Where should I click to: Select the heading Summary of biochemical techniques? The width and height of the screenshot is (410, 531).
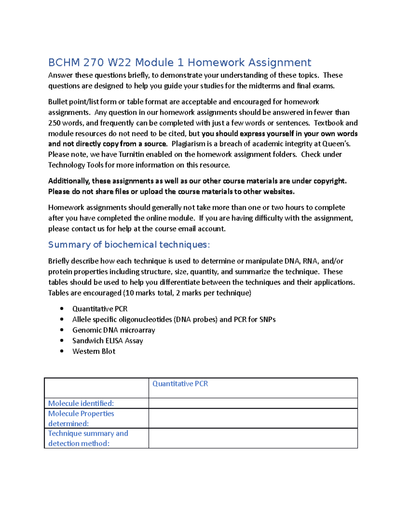129,245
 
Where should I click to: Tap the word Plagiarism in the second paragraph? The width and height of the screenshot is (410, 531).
188,144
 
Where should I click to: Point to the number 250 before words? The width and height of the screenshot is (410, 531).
54,123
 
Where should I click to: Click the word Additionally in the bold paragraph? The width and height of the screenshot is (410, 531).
69,181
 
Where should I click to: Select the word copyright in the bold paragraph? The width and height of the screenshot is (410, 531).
330,181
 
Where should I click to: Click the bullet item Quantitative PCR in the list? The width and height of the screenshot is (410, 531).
100,309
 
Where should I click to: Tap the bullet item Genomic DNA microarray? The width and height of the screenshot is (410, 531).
113,330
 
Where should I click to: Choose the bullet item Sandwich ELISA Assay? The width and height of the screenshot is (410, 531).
108,341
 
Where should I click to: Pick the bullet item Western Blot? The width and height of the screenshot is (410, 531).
94,351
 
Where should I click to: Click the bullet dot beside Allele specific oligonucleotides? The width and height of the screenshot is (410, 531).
62,319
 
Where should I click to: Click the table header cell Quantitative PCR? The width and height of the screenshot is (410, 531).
180,384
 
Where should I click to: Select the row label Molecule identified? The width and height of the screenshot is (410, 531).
81,403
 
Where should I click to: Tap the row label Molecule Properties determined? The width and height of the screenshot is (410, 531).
81,419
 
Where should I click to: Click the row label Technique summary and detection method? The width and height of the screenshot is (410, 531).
88,438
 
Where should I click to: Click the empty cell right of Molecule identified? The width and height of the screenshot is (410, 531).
253,403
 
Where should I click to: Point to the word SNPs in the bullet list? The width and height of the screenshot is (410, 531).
267,320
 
